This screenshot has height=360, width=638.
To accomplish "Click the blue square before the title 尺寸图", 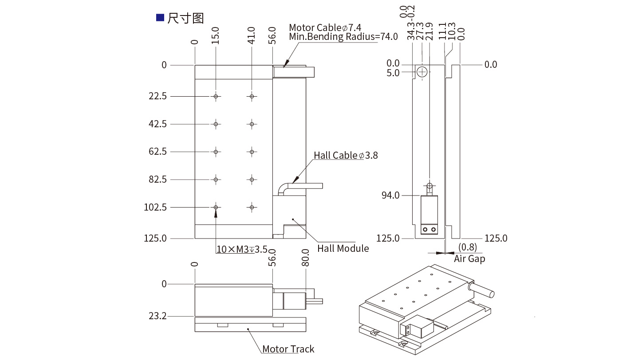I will click(160, 18).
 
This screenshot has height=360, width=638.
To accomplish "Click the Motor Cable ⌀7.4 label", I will click(325, 28).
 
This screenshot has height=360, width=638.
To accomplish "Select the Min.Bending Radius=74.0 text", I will click(343, 37).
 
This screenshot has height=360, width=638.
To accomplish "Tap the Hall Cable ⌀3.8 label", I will click(346, 155).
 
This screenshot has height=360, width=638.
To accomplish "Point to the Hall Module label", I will click(343, 248).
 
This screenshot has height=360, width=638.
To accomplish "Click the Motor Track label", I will click(288, 349).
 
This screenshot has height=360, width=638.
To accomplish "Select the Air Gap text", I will click(469, 258).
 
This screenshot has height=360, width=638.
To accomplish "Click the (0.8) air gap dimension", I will click(468, 247).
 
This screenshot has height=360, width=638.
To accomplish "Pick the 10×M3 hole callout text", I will click(242, 249).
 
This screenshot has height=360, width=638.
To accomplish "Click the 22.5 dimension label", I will click(158, 96).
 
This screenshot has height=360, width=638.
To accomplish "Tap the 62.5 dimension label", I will click(158, 152).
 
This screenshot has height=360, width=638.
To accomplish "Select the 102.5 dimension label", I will click(156, 207).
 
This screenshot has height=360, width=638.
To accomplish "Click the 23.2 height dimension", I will click(158, 316).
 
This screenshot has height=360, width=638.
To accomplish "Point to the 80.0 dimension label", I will click(305, 258).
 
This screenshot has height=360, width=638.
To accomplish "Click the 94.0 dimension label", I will click(391, 195).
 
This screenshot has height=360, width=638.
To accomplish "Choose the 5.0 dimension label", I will click(393, 73).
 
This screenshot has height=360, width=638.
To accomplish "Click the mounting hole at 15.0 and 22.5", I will click(216, 97).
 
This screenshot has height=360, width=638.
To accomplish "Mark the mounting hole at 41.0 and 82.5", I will click(252, 180).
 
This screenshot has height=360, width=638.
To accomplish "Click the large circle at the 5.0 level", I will click(422, 71).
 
